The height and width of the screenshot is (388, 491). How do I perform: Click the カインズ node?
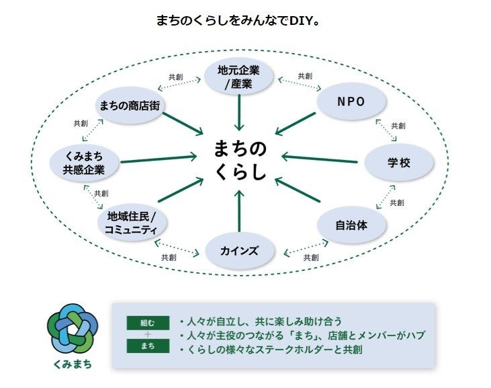(x=239, y=251)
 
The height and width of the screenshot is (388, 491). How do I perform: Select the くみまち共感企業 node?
(x=84, y=163)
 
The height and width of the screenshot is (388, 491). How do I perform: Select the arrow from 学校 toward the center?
(x=319, y=159)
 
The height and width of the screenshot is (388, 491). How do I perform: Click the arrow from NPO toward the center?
(x=296, y=123)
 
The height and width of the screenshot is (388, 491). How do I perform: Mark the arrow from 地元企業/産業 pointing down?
(x=239, y=112)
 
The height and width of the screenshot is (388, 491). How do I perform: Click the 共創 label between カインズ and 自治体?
(x=310, y=257)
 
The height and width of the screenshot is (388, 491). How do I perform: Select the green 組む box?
(x=147, y=322)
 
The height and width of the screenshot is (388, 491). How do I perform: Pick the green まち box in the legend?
(x=147, y=347)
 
